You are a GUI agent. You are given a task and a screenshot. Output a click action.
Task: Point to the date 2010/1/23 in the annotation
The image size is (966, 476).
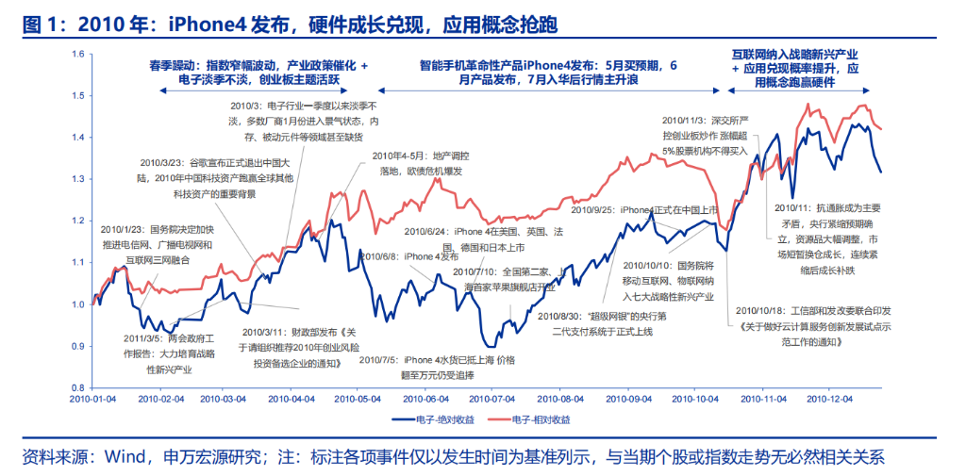pyautogui.click(x=121, y=229)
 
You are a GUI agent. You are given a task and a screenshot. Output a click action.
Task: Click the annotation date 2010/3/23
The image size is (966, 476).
pyautogui.click(x=161, y=163)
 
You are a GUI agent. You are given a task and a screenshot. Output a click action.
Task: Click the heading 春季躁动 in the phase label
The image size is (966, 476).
pyautogui.click(x=169, y=66)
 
